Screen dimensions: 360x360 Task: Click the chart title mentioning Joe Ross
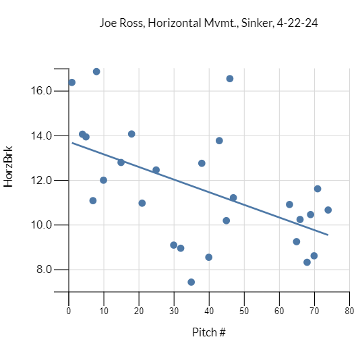(x=208, y=23)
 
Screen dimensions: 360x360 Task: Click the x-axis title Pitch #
(x=208, y=332)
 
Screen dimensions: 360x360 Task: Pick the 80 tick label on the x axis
(x=349, y=311)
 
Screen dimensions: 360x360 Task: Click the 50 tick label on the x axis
(x=244, y=311)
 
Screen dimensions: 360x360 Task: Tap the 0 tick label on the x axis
(x=69, y=311)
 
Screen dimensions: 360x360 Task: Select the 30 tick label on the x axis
(x=174, y=311)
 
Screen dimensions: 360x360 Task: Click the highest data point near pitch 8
(x=96, y=71)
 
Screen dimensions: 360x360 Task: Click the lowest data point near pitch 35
(x=191, y=282)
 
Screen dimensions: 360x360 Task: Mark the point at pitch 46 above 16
(x=230, y=79)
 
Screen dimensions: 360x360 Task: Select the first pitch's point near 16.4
(x=72, y=82)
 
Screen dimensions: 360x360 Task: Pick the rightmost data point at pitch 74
(x=328, y=210)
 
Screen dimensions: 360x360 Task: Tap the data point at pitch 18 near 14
(x=131, y=134)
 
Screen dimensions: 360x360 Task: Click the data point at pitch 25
(x=156, y=170)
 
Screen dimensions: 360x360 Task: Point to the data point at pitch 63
(x=290, y=204)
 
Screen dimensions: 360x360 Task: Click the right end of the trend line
(x=328, y=235)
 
